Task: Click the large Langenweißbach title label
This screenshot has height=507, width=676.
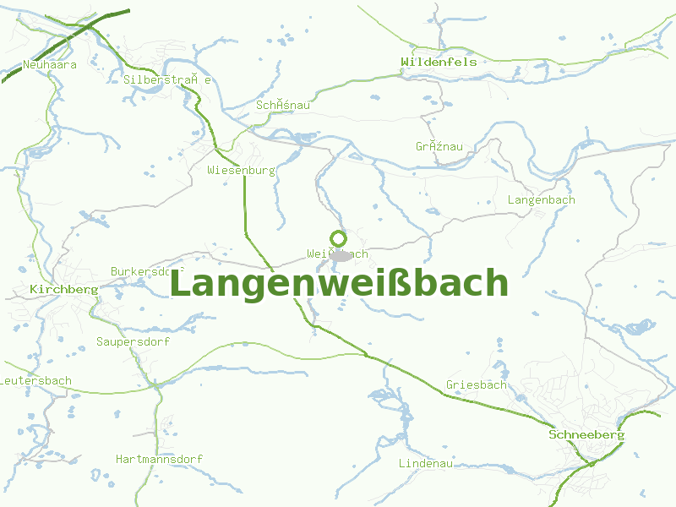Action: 339,284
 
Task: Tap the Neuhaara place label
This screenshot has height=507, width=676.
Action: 50,64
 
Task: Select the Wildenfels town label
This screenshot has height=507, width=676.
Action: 439,62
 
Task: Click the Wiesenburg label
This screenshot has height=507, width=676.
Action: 242,170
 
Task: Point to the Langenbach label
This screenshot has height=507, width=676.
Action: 541,200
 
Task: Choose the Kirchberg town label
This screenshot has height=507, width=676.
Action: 63,289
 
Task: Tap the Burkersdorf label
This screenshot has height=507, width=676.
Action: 148,271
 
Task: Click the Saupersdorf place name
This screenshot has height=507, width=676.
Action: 133,342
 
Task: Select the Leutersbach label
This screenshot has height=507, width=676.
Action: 35,381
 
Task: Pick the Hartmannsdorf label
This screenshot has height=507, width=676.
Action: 159,459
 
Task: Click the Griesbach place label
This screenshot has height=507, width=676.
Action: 476,385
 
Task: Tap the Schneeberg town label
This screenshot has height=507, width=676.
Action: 586,434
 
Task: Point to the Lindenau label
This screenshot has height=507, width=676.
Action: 426,463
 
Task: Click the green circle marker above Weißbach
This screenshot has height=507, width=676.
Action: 338,238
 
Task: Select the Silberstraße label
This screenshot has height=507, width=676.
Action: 166,79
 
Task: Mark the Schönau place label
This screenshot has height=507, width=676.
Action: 283,105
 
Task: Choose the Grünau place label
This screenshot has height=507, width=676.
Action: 439,146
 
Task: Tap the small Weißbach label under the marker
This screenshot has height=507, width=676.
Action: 338,253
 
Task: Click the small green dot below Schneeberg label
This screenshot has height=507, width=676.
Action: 592,463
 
